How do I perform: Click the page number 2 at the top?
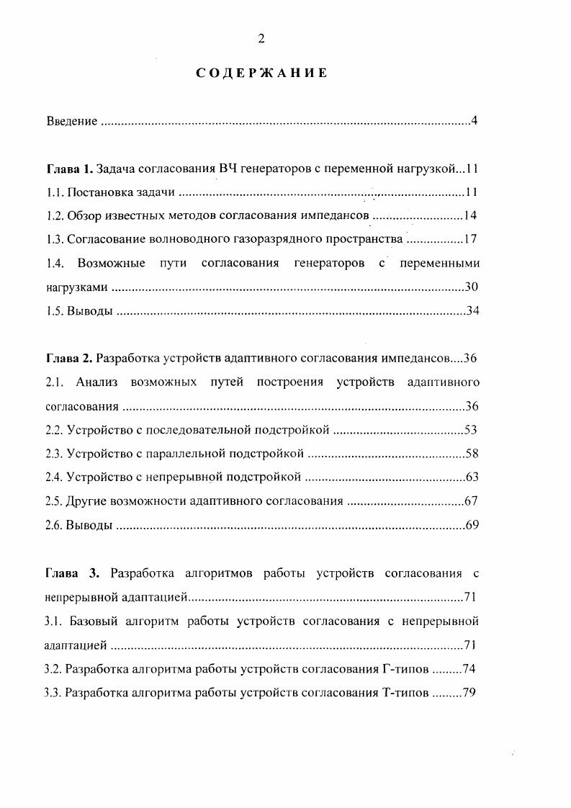click(261, 39)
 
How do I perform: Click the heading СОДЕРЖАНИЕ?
click(262, 73)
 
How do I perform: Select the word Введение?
click(71, 121)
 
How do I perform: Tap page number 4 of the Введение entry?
click(475, 121)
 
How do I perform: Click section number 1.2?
click(54, 216)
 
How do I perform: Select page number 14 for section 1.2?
click(470, 216)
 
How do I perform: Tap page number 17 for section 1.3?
click(471, 240)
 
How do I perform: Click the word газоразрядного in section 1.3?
click(286, 240)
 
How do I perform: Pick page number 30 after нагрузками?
click(472, 287)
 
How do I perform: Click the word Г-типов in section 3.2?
click(403, 669)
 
